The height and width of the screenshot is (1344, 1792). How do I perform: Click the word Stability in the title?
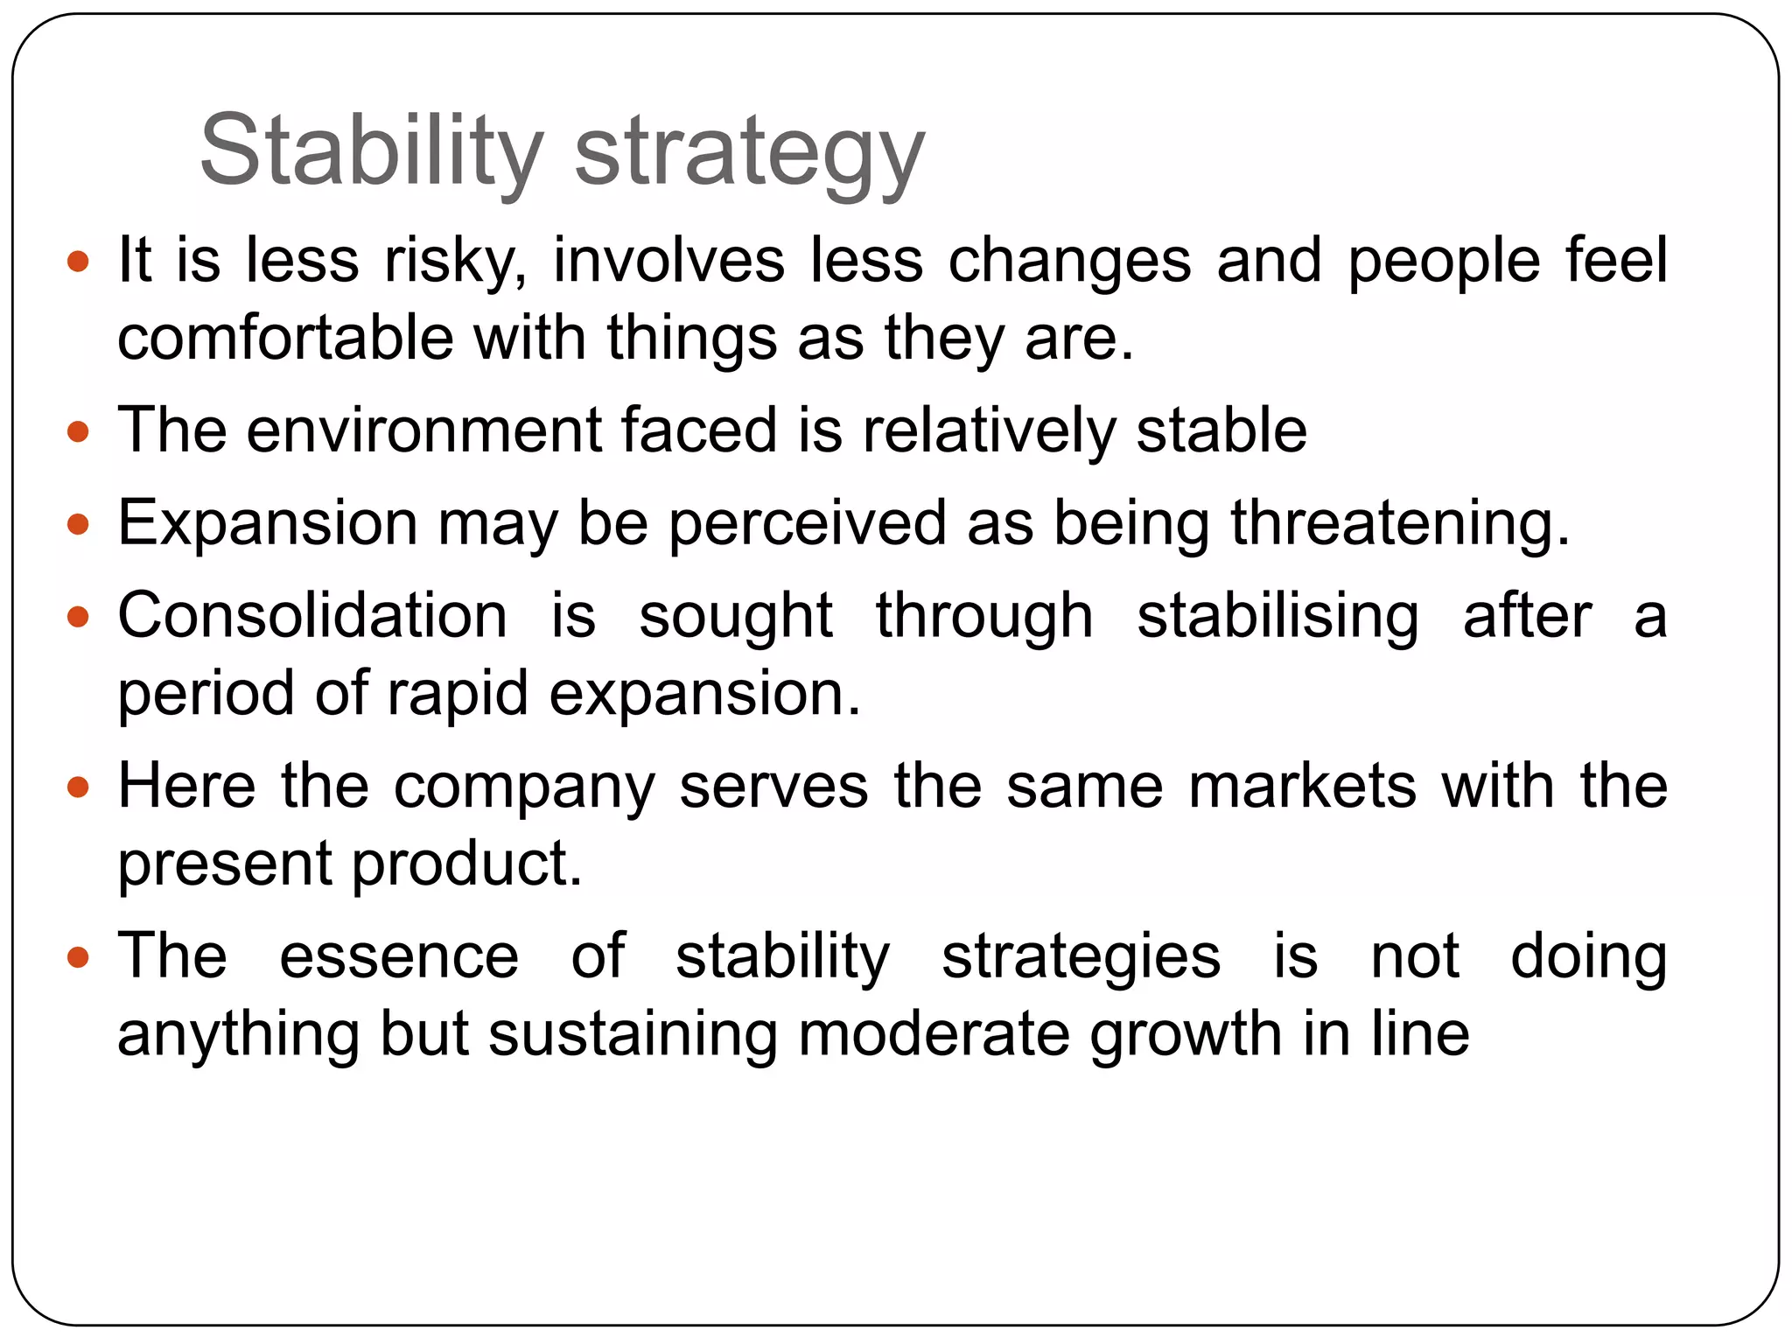tap(372, 150)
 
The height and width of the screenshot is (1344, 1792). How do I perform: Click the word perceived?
tap(808, 524)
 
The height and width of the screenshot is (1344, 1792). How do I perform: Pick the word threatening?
tap(1400, 524)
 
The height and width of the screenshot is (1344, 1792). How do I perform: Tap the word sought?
tap(735, 617)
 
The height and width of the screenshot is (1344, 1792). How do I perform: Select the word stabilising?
tap(1277, 617)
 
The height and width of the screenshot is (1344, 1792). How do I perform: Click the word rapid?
tap(458, 695)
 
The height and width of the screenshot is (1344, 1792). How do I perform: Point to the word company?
tap(524, 787)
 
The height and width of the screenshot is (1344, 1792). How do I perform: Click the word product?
tap(467, 864)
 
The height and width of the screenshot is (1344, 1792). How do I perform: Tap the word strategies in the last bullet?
tap(1081, 957)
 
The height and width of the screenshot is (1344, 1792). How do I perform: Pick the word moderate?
tap(934, 1034)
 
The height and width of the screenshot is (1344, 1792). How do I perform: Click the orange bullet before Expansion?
tap(79, 524)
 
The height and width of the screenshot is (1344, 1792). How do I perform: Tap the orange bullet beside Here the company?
tap(79, 787)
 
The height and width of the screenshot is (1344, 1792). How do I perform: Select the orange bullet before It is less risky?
tap(79, 261)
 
